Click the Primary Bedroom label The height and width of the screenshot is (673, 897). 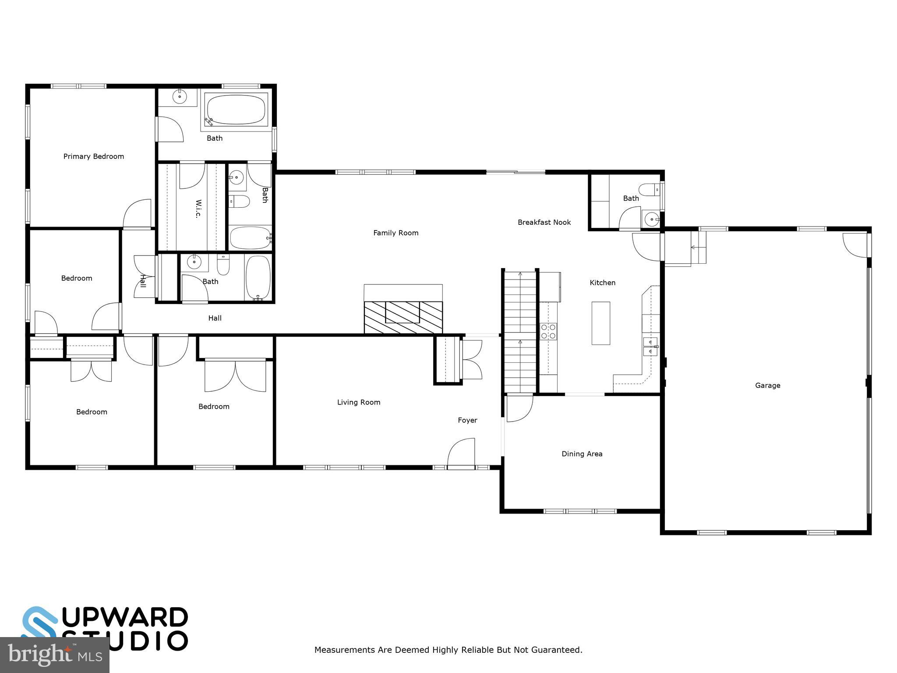click(93, 156)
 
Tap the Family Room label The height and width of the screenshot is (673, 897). click(396, 233)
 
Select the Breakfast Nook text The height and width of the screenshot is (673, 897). click(544, 223)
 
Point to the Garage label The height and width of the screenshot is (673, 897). click(767, 386)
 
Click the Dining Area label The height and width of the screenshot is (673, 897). click(582, 454)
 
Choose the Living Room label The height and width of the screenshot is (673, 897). click(358, 402)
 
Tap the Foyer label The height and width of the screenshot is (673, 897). click(467, 420)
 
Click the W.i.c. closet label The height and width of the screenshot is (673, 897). click(198, 209)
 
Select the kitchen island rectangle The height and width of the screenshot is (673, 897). click(600, 323)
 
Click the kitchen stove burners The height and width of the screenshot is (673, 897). click(548, 331)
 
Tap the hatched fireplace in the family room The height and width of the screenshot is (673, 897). click(403, 317)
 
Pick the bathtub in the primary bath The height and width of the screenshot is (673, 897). click(236, 110)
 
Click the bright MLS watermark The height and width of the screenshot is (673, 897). click(54, 655)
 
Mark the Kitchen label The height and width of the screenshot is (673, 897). click(602, 283)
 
